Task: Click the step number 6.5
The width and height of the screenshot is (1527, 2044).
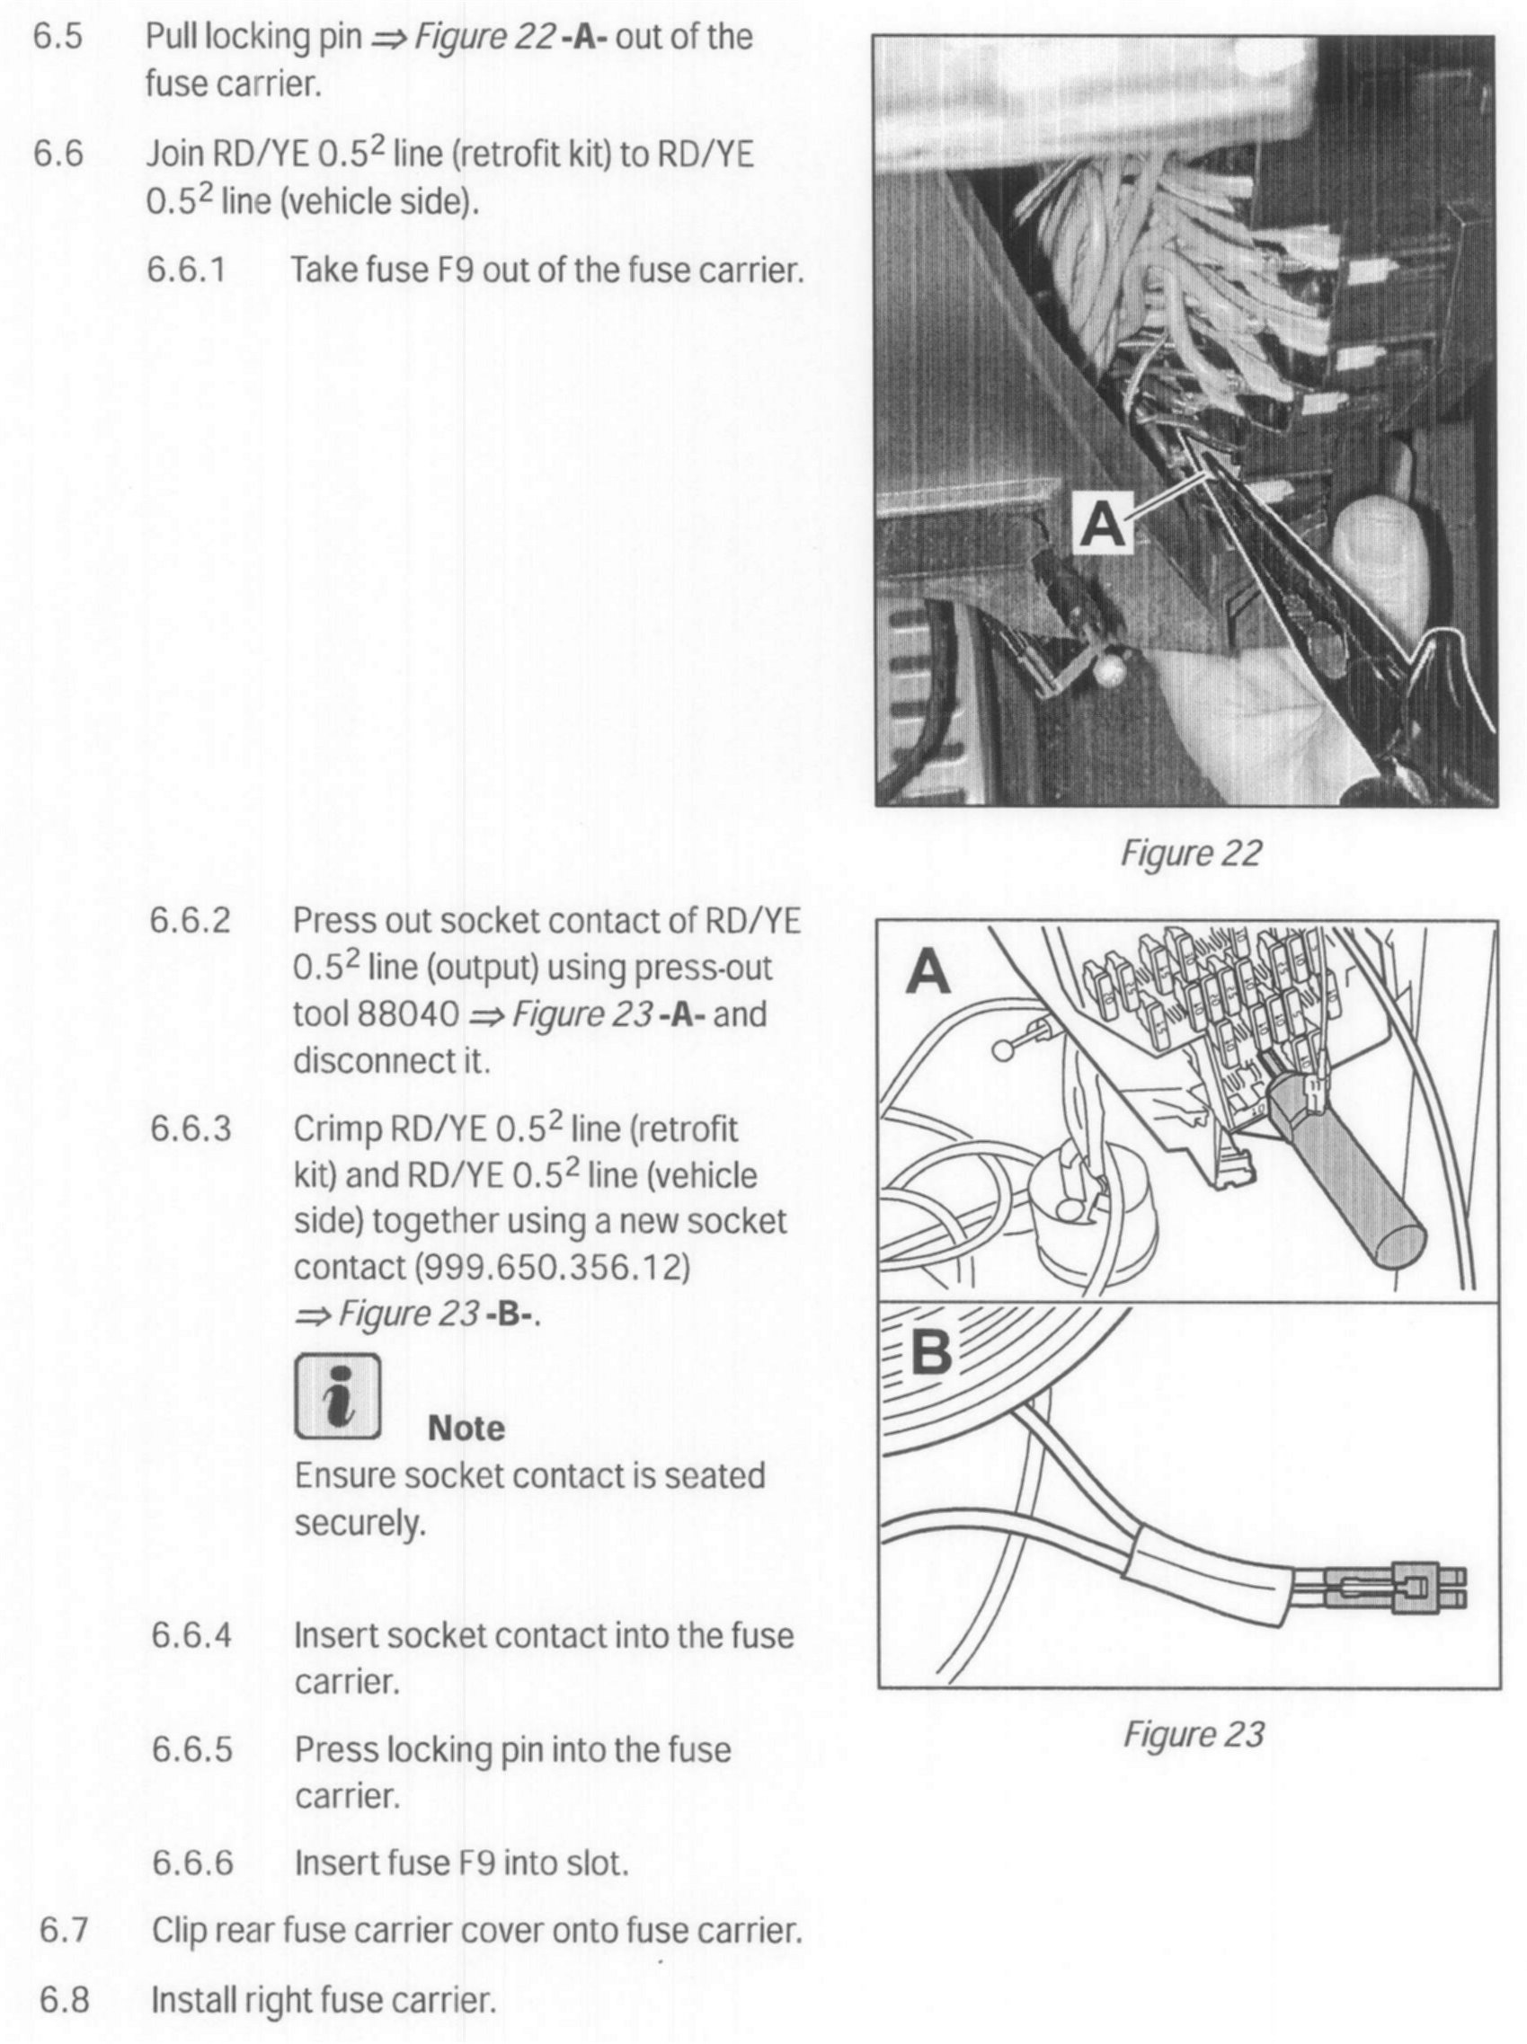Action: [58, 38]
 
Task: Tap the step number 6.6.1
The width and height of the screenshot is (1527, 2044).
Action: [187, 270]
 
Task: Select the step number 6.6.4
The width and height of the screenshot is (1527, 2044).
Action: [191, 1635]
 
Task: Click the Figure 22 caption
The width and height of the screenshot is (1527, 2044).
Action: [1191, 852]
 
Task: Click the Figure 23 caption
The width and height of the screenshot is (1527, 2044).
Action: [1193, 1734]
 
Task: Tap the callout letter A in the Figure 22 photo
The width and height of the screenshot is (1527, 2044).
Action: [1104, 524]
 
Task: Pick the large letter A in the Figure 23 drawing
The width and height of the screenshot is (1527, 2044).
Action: [928, 973]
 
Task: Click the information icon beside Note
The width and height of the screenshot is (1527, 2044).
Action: [337, 1396]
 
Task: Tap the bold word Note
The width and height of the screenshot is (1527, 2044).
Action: [466, 1428]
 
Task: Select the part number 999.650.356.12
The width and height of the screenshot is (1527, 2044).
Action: [553, 1267]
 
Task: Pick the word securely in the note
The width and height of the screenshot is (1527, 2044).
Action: [360, 1522]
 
